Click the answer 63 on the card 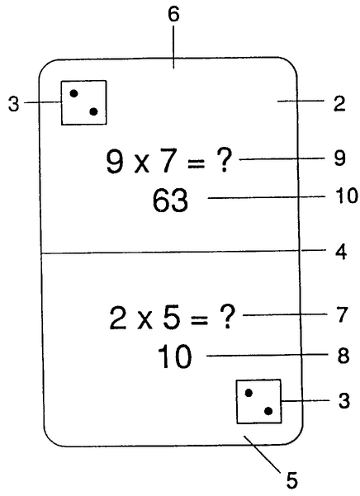(170, 201)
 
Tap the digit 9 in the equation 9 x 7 (115, 162)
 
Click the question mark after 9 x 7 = (222, 160)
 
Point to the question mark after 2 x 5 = (226, 317)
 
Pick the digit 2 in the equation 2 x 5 (118, 319)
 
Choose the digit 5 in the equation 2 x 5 (172, 319)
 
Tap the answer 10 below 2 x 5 (174, 357)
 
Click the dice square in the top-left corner (84, 103)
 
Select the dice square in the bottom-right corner (259, 401)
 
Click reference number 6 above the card (173, 15)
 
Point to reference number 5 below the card (292, 480)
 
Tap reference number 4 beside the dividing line (341, 252)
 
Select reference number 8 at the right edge (343, 356)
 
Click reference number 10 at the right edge (347, 196)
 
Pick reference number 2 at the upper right (339, 103)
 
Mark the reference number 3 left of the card (13, 103)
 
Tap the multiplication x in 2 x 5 (145, 321)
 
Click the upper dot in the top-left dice (73, 93)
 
